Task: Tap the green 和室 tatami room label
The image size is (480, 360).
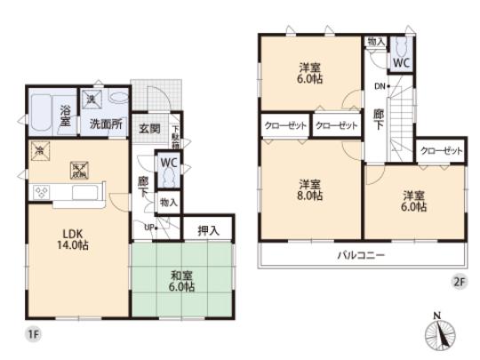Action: click(183, 281)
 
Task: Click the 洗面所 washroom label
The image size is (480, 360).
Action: click(105, 124)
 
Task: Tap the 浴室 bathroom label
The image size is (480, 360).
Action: click(66, 116)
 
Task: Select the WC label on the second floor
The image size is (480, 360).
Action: click(401, 63)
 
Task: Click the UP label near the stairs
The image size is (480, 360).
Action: click(149, 228)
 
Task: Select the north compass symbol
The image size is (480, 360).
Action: click(440, 333)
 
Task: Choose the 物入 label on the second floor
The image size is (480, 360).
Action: click(375, 41)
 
